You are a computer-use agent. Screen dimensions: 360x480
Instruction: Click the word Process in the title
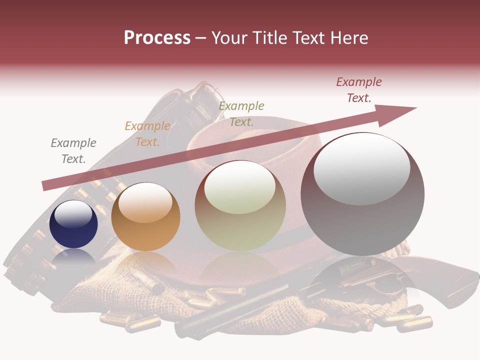pos(157,38)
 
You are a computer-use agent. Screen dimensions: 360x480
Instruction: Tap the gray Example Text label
pos(73,151)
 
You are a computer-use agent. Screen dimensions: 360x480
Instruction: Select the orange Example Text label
pos(147,134)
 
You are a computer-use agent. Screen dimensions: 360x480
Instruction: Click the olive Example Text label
pos(241,114)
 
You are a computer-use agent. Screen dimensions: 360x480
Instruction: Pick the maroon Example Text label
pos(358,90)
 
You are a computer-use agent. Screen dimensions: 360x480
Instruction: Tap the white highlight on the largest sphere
pos(361,169)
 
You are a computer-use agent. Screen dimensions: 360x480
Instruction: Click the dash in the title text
pos(200,38)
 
